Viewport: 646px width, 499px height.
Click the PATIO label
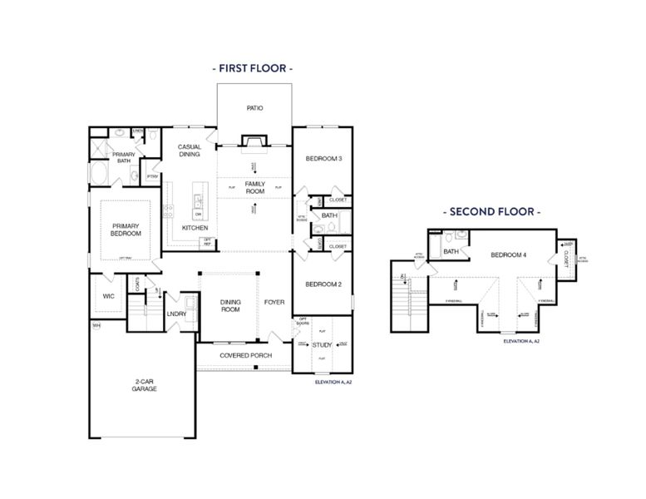click(x=254, y=108)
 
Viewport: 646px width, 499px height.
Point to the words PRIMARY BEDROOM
click(x=126, y=230)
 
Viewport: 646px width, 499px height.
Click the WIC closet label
click(x=107, y=295)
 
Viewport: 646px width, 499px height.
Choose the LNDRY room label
click(x=175, y=314)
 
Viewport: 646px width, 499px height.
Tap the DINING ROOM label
click(x=229, y=305)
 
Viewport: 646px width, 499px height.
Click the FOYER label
click(x=274, y=302)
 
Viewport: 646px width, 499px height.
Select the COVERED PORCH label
click(x=245, y=355)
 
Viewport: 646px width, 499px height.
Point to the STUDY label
click(x=322, y=344)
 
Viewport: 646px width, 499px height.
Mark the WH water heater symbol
click(x=96, y=325)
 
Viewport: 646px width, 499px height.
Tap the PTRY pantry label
click(x=152, y=176)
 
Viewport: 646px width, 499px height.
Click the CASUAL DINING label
click(x=190, y=151)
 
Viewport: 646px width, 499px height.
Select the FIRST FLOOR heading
click(x=253, y=69)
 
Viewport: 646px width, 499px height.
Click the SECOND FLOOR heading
click(x=491, y=212)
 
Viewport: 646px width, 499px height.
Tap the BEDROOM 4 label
click(x=508, y=254)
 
